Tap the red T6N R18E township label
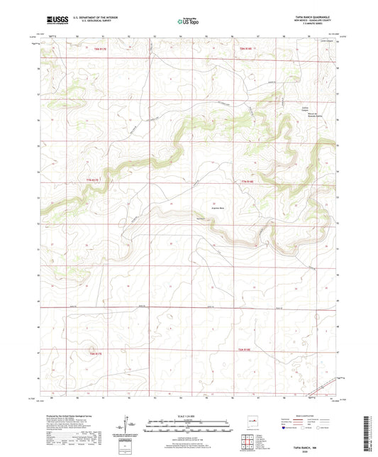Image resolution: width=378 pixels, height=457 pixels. click(x=245, y=352)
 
